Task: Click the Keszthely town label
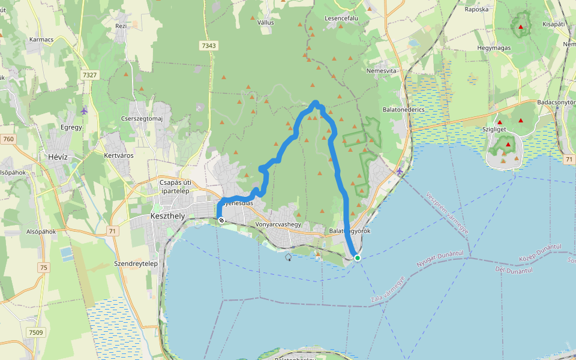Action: [163, 215]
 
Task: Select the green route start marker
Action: [358, 258]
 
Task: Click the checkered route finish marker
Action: [221, 221]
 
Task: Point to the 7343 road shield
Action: [209, 46]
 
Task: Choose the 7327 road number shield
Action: [89, 74]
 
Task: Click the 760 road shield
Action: [8, 140]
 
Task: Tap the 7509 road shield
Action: [36, 332]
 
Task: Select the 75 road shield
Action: [44, 268]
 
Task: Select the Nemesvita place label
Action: [382, 71]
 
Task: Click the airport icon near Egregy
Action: [83, 111]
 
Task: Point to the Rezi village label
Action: [121, 26]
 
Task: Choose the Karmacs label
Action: [41, 40]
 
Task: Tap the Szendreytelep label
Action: [136, 263]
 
